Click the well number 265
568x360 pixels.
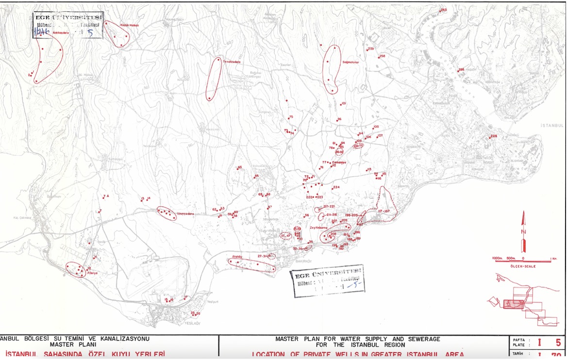pyautogui.click(x=444, y=10)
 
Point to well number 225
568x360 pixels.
pyautogui.click(x=494, y=136)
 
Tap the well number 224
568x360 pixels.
pyautogui.click(x=336, y=187)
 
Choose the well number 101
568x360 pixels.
pyautogui.click(x=344, y=103)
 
